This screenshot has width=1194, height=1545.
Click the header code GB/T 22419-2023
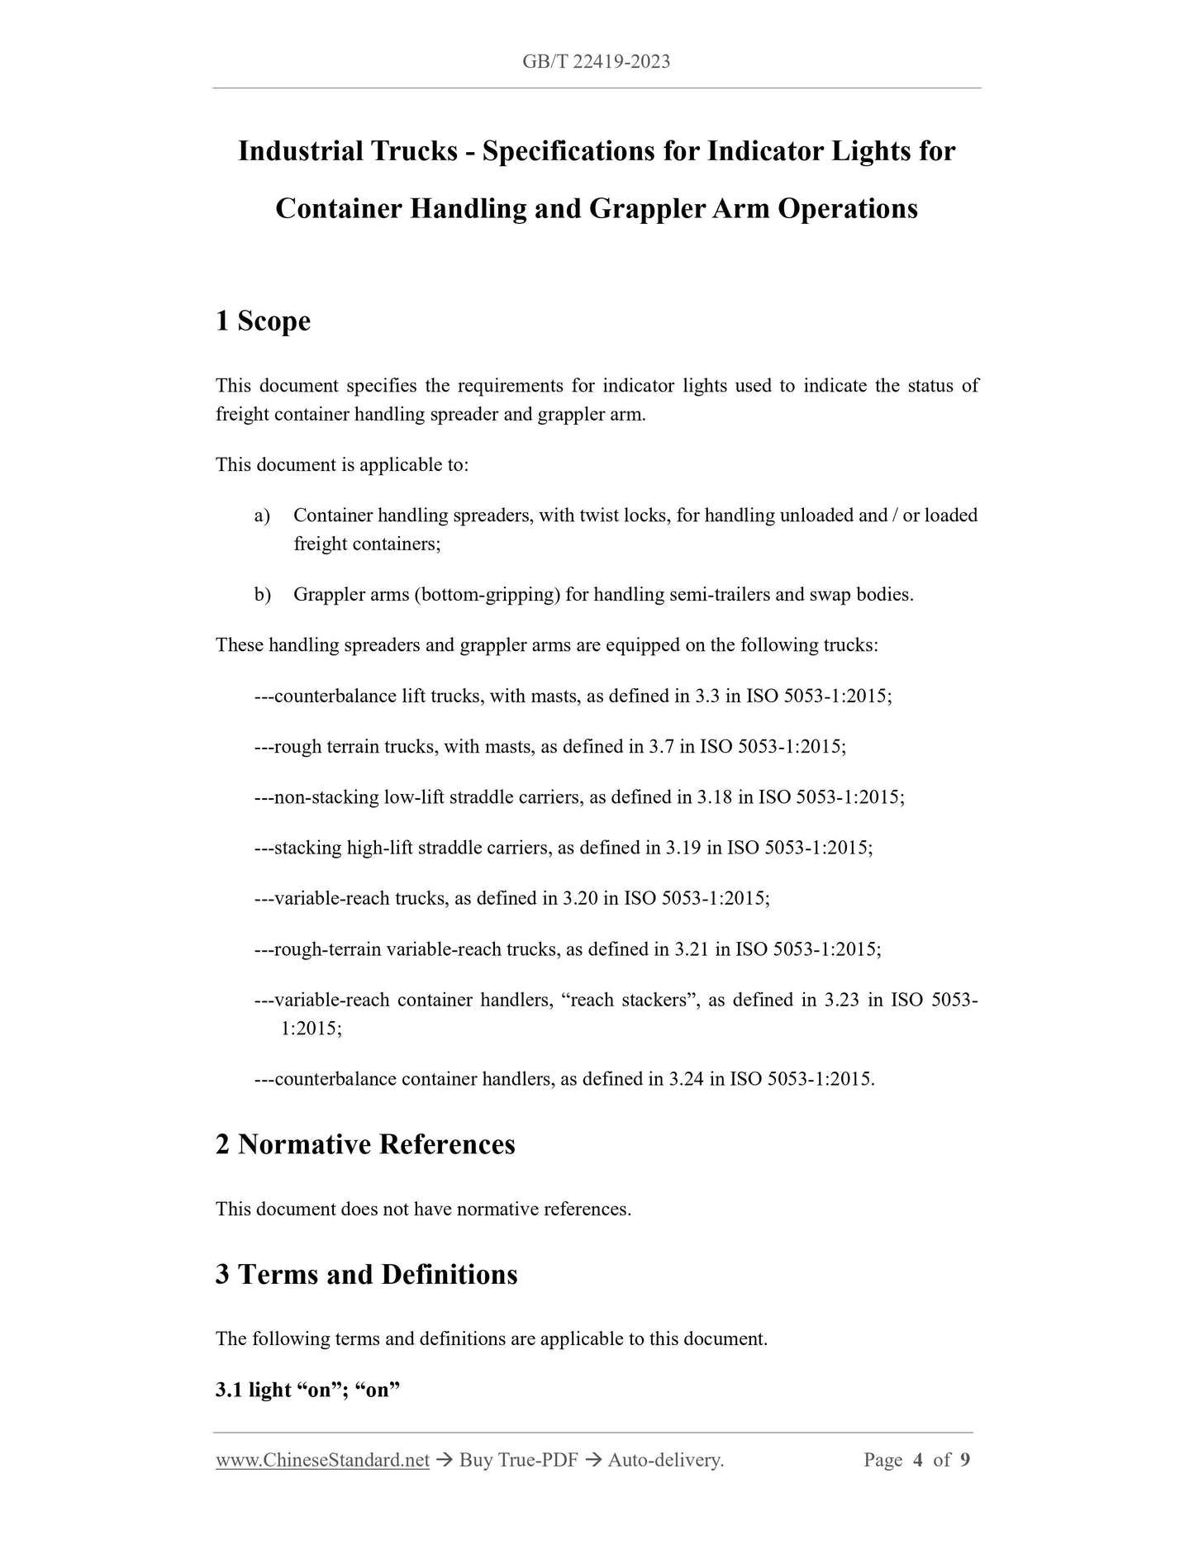pyautogui.click(x=596, y=61)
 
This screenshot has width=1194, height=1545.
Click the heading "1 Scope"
pyautogui.click(x=263, y=321)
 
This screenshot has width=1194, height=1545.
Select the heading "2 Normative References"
pyautogui.click(x=364, y=1144)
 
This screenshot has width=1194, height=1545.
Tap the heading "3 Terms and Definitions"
pyautogui.click(x=366, y=1274)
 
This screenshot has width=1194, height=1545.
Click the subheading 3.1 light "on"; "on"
pyautogui.click(x=307, y=1390)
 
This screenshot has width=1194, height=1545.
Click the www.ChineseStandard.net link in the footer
pyautogui.click(x=322, y=1460)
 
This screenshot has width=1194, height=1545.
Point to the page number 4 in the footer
pyautogui.click(x=917, y=1460)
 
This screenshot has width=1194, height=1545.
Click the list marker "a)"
pyautogui.click(x=262, y=516)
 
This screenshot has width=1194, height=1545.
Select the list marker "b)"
pyautogui.click(x=262, y=595)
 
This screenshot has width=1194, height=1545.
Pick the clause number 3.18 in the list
pyautogui.click(x=714, y=797)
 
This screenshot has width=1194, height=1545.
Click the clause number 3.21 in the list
pyautogui.click(x=691, y=949)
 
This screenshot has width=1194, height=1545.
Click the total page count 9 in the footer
pyautogui.click(x=964, y=1460)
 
